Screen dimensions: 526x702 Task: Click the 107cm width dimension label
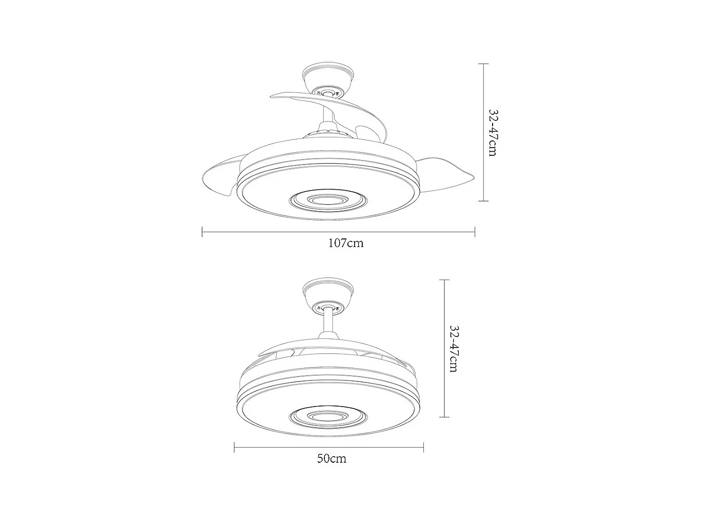tap(345, 243)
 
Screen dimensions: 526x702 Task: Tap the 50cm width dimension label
tap(331, 458)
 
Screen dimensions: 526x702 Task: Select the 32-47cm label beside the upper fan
tap(493, 132)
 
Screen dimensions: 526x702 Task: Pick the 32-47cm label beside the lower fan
tap(453, 349)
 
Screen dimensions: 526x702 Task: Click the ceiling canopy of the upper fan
tap(327, 77)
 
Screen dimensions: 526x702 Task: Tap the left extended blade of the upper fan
tap(221, 177)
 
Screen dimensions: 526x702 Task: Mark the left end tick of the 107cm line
tap(203, 232)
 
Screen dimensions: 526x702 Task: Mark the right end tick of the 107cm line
tap(475, 232)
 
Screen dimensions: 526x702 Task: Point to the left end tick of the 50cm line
tap(235, 448)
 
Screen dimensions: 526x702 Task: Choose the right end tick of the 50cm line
tap(423, 448)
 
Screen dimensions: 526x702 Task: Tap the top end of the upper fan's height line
tap(483, 64)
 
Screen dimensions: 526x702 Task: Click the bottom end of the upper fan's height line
tap(483, 201)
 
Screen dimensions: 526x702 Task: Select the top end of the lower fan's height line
tap(444, 280)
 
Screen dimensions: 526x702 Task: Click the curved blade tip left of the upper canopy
tap(277, 96)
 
